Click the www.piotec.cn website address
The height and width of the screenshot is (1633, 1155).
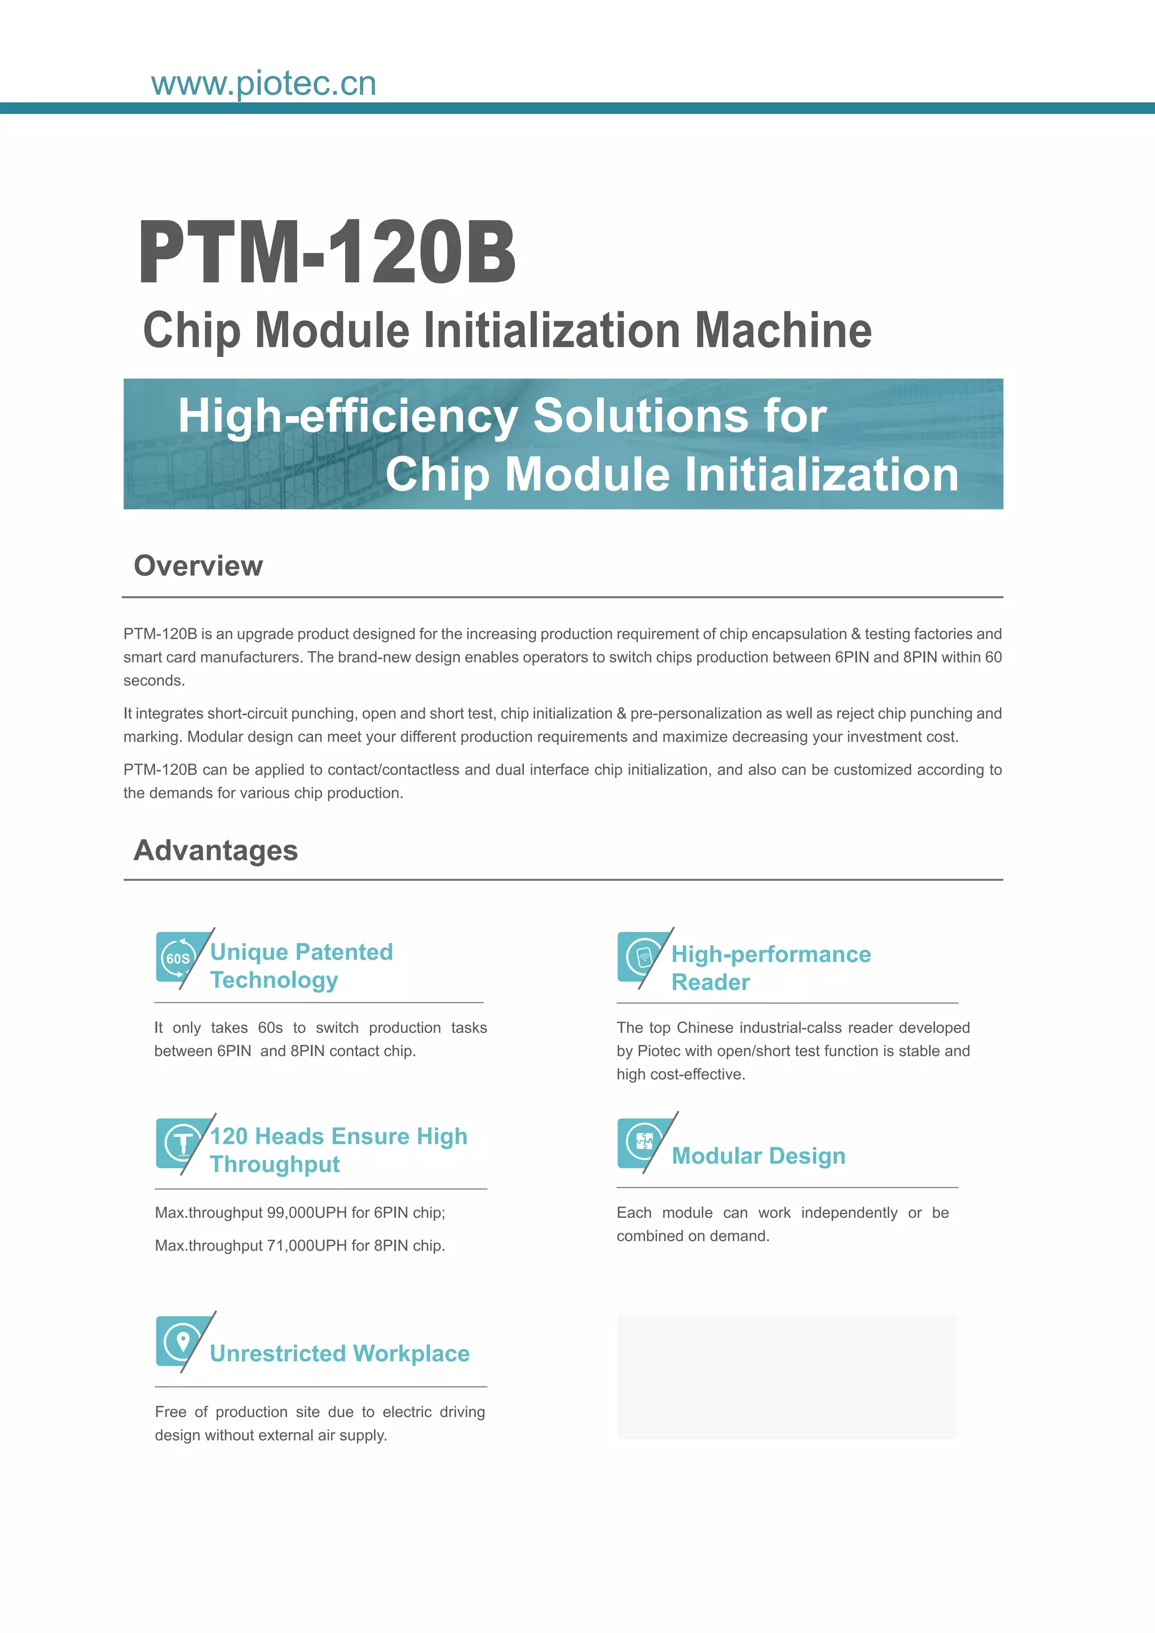click(263, 84)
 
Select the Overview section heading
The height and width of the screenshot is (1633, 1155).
click(199, 566)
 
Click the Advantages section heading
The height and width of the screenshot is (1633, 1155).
click(215, 851)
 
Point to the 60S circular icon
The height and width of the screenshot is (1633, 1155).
click(178, 958)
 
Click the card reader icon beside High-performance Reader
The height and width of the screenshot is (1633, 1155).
click(643, 956)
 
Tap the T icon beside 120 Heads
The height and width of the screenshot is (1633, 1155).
click(182, 1143)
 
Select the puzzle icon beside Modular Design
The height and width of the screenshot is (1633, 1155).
click(643, 1141)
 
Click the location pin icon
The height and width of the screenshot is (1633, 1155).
click(182, 1341)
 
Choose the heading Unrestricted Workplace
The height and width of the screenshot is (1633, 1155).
click(340, 1353)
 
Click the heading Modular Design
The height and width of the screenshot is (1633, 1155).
click(758, 1156)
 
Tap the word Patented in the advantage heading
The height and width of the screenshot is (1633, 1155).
click(344, 952)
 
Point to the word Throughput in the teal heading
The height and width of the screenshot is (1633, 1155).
click(275, 1164)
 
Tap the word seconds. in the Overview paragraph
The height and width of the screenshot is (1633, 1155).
click(155, 681)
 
